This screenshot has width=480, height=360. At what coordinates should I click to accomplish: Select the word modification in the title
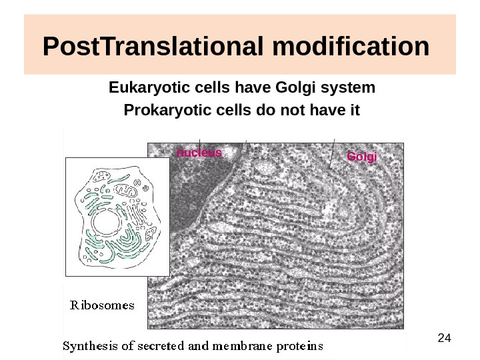[351, 47]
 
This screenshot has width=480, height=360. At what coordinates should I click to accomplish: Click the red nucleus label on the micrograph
[199, 153]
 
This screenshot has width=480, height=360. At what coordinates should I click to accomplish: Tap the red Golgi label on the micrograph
[362, 157]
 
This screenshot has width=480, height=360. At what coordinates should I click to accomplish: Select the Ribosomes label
[103, 306]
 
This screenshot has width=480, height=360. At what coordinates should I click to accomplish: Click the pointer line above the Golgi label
[331, 152]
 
